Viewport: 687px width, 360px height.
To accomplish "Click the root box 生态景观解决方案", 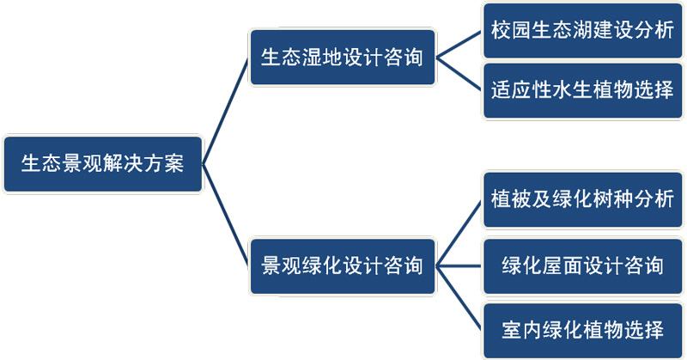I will coord(102,163).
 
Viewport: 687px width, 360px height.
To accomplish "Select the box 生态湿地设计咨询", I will coord(342,58).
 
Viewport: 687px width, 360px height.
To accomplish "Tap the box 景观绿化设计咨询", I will coord(342,265).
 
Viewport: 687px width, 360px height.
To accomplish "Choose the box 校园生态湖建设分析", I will coord(583,30).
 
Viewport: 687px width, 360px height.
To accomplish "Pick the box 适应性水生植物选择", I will coord(583,89).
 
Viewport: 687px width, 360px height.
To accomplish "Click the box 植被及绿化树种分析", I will coord(583,199).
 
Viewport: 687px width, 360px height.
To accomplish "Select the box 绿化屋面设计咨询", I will coord(583,265).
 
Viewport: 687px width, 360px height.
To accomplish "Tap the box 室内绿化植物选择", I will coord(583,330).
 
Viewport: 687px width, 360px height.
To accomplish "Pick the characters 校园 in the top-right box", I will coord(511,30).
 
